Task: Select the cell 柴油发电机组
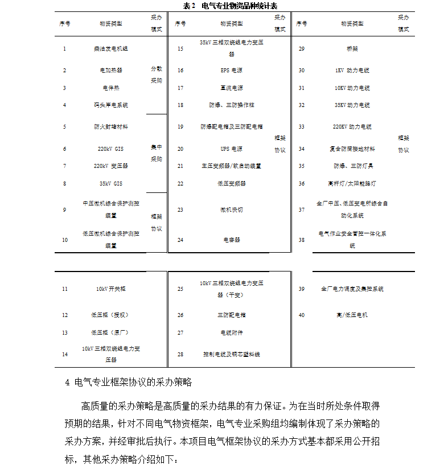click(110, 49)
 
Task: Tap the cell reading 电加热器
click(110, 70)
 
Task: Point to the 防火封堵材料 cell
click(110, 126)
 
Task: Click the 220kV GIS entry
click(110, 149)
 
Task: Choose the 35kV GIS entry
click(110, 184)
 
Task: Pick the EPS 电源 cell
click(232, 70)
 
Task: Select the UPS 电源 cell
click(232, 149)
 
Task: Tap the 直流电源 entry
click(232, 88)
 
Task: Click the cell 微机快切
click(232, 209)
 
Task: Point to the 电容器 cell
click(232, 240)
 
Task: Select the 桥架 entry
click(352, 49)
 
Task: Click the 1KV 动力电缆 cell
click(352, 70)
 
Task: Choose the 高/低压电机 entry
click(352, 315)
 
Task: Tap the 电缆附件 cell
click(232, 332)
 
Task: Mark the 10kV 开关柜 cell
click(110, 289)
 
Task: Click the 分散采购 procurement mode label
click(156, 75)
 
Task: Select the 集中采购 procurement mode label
click(156, 153)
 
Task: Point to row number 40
click(301, 315)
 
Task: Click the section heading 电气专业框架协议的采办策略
click(137, 382)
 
